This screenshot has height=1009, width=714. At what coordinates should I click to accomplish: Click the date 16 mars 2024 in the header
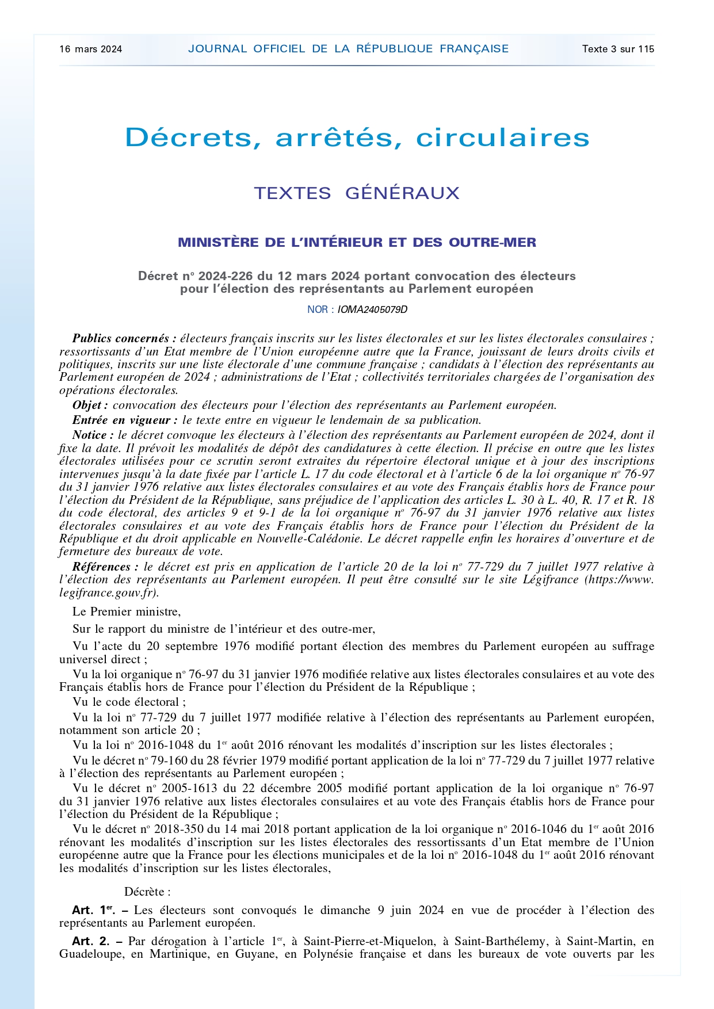(x=91, y=49)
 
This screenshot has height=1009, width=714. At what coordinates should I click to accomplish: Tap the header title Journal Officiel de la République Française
(x=348, y=49)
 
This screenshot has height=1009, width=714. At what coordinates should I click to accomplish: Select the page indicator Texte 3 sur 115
(x=618, y=49)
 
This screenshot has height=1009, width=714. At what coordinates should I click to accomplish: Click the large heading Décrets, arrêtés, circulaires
(x=357, y=137)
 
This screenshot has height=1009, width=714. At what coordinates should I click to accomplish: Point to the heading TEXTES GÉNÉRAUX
(x=357, y=193)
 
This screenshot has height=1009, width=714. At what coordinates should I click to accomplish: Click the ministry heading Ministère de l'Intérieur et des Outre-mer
(x=357, y=242)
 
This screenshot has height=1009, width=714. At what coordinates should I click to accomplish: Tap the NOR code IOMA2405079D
(x=372, y=309)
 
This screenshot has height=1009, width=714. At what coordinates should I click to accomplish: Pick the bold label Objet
(x=90, y=405)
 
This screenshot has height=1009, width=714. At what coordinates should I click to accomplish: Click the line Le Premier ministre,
(x=127, y=611)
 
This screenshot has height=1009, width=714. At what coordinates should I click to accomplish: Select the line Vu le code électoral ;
(x=129, y=702)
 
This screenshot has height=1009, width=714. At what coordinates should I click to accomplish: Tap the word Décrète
(x=147, y=892)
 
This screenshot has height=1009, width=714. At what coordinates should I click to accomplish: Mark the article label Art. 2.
(x=90, y=941)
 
